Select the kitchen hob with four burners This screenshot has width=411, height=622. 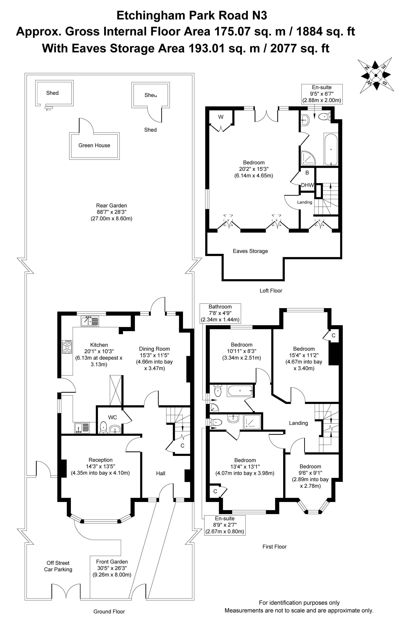pos(67,347)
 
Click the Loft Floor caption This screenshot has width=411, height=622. pos(271,291)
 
